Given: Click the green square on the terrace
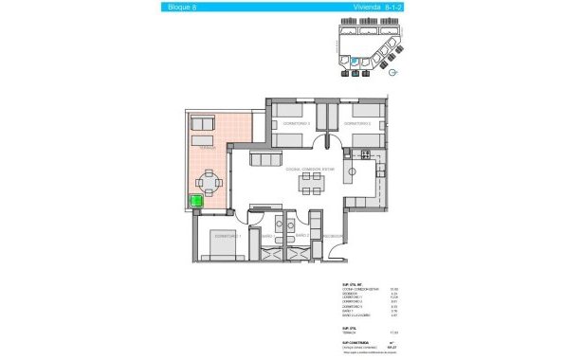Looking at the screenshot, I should [199, 200].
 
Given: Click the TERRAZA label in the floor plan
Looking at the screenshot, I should [208, 148].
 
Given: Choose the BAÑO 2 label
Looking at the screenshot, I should [301, 235].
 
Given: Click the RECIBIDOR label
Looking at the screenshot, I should [331, 235].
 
